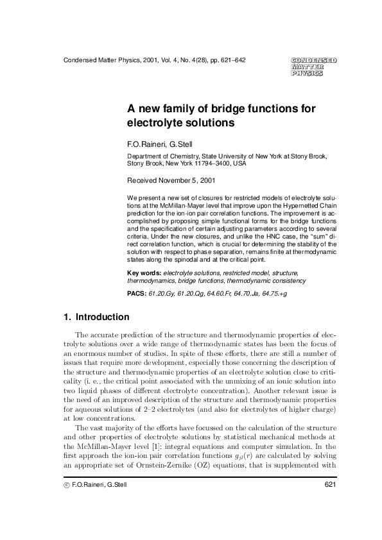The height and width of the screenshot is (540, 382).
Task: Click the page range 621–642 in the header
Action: coord(232,61)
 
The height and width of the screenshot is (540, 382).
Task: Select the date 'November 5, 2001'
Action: coord(181,180)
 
